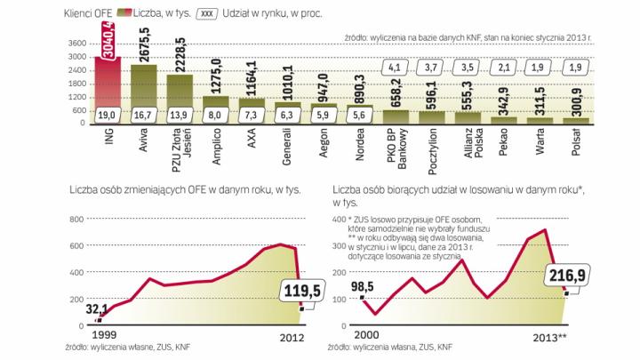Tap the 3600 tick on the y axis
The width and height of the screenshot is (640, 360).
77,43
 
